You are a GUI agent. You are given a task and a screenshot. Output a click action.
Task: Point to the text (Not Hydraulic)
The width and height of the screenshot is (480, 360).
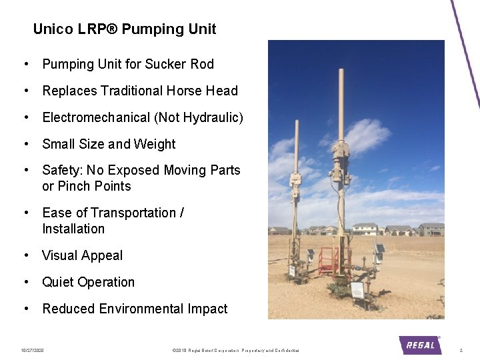(x=199, y=117)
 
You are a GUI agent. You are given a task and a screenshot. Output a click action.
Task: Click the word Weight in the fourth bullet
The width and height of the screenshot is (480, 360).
(x=155, y=144)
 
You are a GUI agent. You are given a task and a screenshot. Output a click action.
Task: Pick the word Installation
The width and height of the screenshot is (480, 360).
(x=73, y=229)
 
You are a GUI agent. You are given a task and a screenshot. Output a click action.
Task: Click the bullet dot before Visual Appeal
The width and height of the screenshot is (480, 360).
(x=25, y=255)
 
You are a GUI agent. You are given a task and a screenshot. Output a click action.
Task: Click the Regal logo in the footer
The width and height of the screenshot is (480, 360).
(x=420, y=345)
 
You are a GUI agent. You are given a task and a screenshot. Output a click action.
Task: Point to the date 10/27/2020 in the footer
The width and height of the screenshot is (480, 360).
(x=32, y=350)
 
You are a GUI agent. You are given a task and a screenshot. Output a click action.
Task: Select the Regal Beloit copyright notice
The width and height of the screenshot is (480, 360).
(x=235, y=350)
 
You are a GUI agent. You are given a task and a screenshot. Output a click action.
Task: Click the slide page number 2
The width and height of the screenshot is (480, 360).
(x=461, y=350)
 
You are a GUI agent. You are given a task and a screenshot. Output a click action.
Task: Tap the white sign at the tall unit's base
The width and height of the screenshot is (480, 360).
(x=357, y=290)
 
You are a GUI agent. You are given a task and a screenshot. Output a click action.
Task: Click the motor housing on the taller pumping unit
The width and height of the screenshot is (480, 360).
(x=341, y=161)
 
